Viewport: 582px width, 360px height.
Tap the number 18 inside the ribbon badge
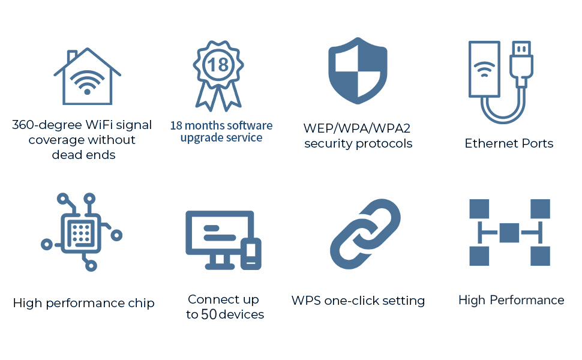coord(218,64)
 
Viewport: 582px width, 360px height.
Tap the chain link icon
coord(365,235)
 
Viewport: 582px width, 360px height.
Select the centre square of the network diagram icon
coord(509,232)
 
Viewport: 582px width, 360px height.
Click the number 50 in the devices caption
coord(209,314)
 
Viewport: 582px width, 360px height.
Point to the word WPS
coord(306,301)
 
